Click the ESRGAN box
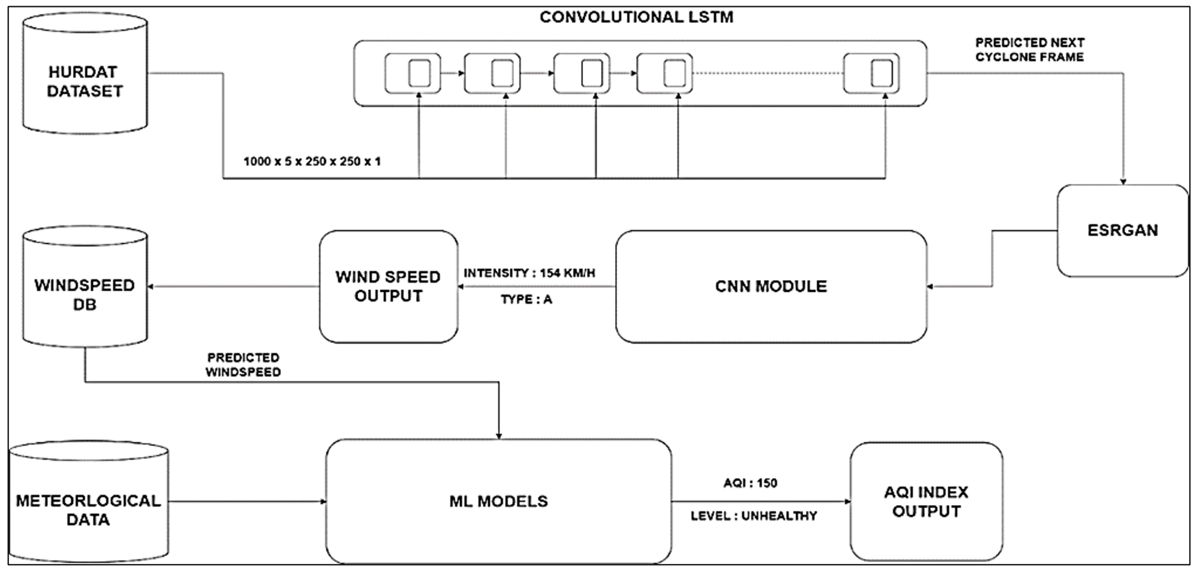pos(1122,231)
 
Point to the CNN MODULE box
pos(771,287)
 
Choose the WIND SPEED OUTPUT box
pos(388,287)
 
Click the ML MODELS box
pos(498,501)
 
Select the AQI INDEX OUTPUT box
pos(926,502)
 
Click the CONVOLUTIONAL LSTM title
pos(636,18)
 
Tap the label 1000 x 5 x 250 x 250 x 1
pos(312,162)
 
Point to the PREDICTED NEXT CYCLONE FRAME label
pos(1029,50)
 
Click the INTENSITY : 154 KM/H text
pos(529,273)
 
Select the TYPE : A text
pos(526,300)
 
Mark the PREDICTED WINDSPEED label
pos(243,365)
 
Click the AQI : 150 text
pos(750,483)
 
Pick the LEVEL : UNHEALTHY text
pos(754,516)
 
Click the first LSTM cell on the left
pos(412,73)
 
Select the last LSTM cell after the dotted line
pos(871,73)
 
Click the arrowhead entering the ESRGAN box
pos(1123,181)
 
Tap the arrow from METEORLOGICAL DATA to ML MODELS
pos(246,501)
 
